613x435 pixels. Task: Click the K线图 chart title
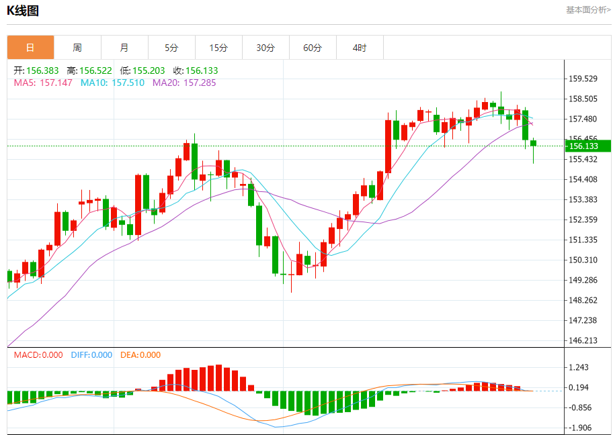tap(23, 10)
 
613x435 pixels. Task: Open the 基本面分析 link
tap(588, 10)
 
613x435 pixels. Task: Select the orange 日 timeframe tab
tap(30, 48)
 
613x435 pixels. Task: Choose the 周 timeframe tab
tap(77, 48)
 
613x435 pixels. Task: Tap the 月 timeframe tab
tap(124, 48)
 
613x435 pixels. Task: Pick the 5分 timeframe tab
tap(171, 48)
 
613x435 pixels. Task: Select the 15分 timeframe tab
tap(218, 48)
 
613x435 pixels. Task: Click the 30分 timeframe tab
tap(265, 48)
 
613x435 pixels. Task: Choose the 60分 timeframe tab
tap(313, 48)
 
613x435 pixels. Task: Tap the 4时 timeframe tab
tap(360, 48)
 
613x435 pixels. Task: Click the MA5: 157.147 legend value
tap(43, 83)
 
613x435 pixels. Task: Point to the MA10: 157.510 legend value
tap(112, 83)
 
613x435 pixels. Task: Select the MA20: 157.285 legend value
tap(184, 83)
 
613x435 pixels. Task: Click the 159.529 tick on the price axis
tap(583, 79)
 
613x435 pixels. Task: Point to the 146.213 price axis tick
tap(583, 340)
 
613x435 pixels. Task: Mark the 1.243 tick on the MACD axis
tap(579, 367)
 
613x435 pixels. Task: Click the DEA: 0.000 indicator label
tap(140, 355)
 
